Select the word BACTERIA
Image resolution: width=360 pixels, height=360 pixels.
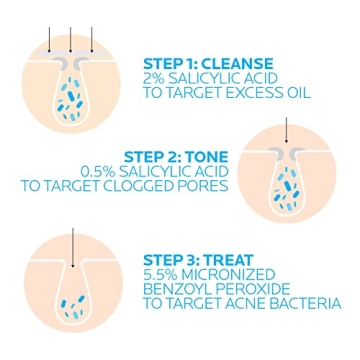click(305, 304)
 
